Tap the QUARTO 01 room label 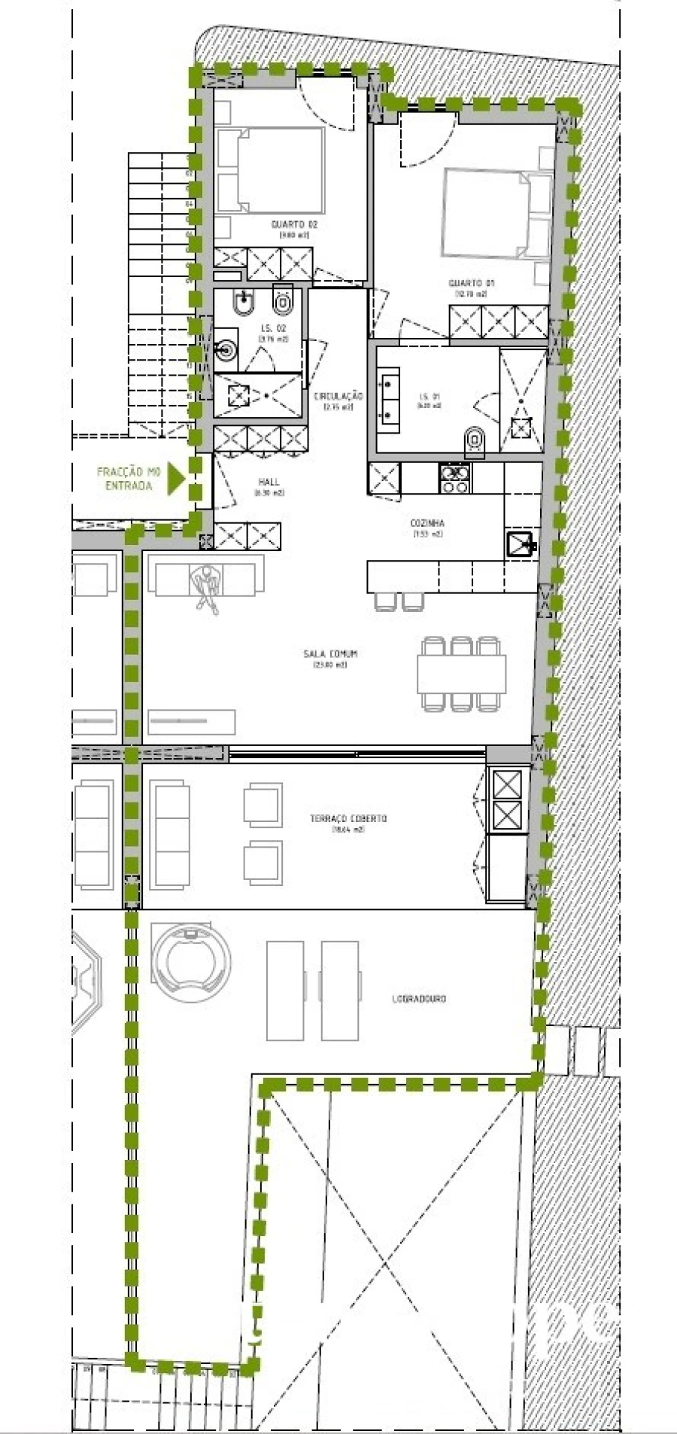471,283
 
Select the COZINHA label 427,522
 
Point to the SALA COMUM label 330,654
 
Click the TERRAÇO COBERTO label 348,818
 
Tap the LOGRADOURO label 418,999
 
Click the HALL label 269,482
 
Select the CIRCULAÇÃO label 338,396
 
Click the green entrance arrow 175,478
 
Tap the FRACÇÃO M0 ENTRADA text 129,479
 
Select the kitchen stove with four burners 454,479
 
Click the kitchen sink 520,543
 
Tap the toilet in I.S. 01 475,441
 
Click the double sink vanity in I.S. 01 389,398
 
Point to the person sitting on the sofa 205,585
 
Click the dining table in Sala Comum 461,673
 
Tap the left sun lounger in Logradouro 285,990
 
